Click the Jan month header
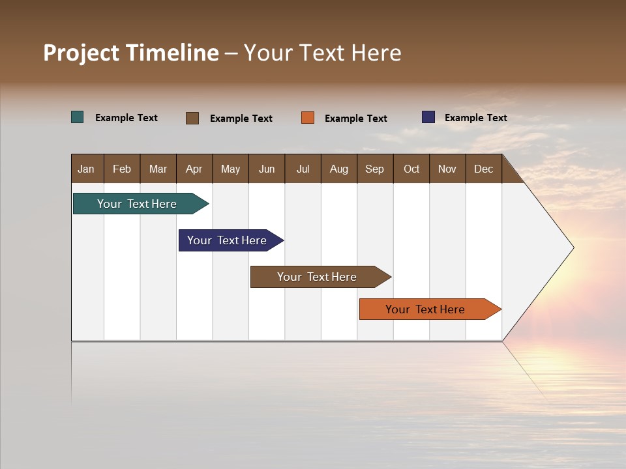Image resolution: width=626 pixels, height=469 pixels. pyautogui.click(x=86, y=169)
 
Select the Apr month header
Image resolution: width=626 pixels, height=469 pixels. pyautogui.click(x=194, y=169)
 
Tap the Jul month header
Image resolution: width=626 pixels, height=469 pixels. pyautogui.click(x=303, y=169)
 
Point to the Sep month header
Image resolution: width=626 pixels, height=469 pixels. pyautogui.click(x=374, y=169)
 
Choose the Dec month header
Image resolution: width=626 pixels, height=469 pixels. pyautogui.click(x=483, y=169)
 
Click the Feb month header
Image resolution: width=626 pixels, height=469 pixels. pyautogui.click(x=122, y=169)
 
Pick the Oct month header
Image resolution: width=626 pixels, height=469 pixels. pyautogui.click(x=411, y=169)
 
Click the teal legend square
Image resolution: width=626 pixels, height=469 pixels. pyautogui.click(x=78, y=117)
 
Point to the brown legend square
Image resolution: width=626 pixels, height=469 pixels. pyautogui.click(x=192, y=118)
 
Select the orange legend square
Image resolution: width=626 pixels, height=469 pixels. pyautogui.click(x=308, y=118)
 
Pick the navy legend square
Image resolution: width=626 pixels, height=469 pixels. pyautogui.click(x=428, y=117)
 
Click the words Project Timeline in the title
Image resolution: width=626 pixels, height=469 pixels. pyautogui.click(x=130, y=53)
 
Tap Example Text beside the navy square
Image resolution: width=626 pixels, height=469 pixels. pyautogui.click(x=475, y=118)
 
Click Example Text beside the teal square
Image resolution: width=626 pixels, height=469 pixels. pyautogui.click(x=126, y=118)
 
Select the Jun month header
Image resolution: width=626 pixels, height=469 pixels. pyautogui.click(x=267, y=169)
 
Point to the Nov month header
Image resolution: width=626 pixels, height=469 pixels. pyautogui.click(x=447, y=169)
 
